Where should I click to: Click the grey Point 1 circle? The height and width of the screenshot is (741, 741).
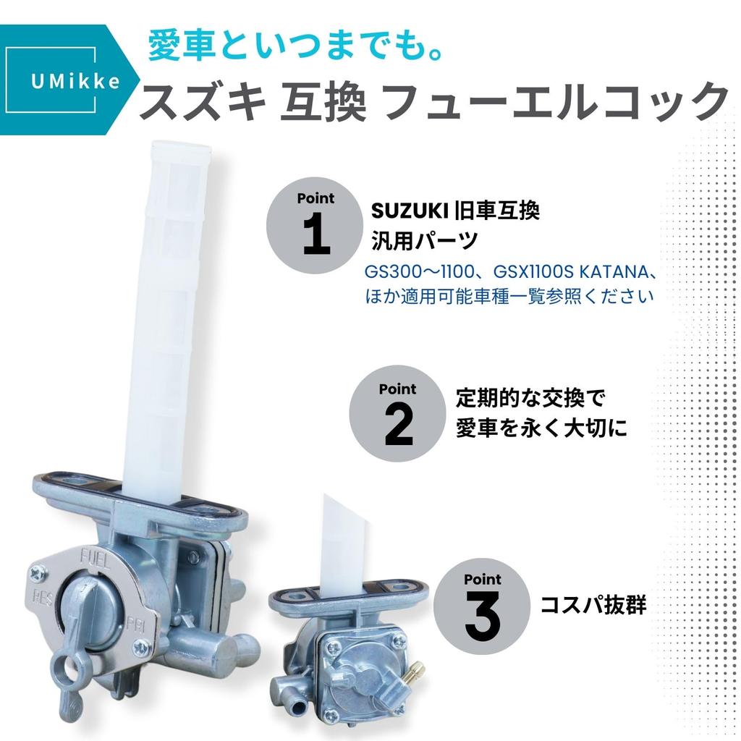pos(316,224)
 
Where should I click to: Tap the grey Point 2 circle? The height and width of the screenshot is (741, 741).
pos(398,415)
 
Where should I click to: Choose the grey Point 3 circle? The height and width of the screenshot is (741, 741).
pos(482,606)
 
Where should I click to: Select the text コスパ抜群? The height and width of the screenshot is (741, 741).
pos(593,606)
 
